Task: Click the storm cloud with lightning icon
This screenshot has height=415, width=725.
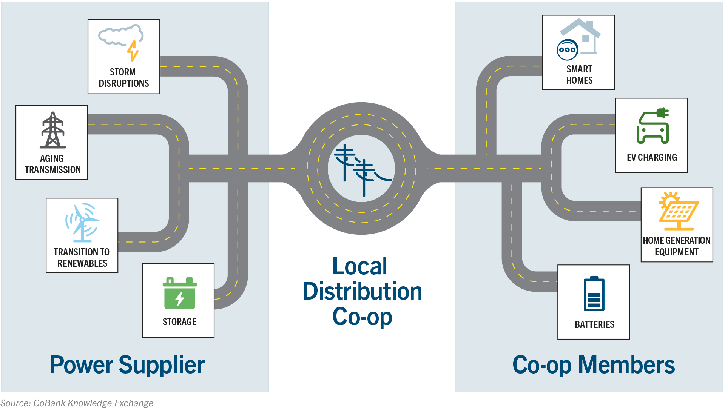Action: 121,41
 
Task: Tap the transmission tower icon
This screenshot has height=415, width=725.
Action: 53,130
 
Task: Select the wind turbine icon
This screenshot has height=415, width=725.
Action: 82,223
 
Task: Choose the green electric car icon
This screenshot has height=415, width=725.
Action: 653,126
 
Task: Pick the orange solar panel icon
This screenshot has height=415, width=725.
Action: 678,211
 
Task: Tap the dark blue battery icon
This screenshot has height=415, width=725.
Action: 594,294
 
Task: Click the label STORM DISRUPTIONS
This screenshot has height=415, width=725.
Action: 123,78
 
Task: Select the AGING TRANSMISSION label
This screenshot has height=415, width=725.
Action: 52,164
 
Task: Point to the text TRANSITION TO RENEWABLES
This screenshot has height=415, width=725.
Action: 82,258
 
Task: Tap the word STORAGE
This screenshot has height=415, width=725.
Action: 179,322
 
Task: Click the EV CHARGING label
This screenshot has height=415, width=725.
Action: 652,157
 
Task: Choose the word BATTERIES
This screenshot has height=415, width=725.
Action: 594,324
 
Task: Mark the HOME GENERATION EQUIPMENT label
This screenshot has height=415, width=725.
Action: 676,246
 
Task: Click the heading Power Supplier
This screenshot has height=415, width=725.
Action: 127,365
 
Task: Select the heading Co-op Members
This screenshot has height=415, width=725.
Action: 594,365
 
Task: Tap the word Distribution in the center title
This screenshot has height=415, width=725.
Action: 362,292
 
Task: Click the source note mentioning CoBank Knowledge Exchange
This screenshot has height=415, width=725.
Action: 77,403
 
